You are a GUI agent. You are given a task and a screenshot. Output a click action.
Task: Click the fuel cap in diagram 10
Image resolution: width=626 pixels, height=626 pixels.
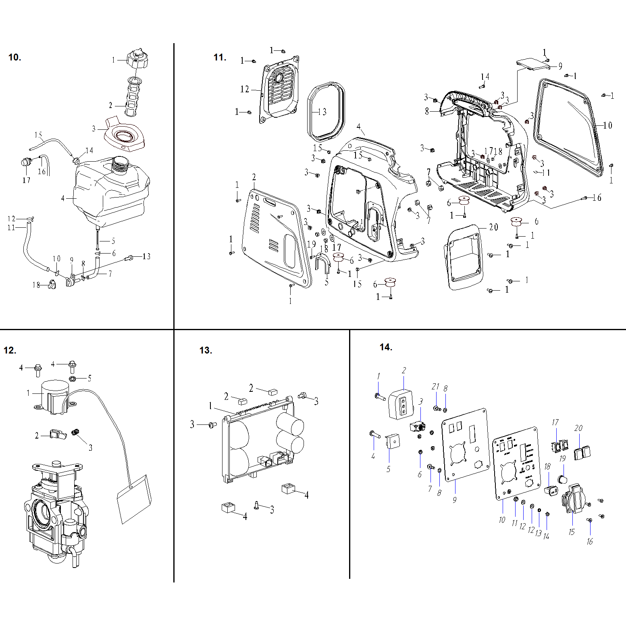[137, 60]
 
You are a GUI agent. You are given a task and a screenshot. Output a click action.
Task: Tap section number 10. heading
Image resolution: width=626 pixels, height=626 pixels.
[15, 57]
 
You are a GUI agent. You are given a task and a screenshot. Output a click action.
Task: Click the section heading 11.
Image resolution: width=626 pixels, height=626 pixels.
[220, 57]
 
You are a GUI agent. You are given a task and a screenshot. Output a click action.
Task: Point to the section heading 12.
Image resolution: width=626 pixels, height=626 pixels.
[10, 350]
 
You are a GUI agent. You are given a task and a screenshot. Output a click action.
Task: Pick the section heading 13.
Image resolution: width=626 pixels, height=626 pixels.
[206, 350]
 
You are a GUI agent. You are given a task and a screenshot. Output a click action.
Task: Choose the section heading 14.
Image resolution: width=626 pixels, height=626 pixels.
[386, 347]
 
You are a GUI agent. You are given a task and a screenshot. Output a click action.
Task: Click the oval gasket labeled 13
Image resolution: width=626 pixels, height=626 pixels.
[326, 110]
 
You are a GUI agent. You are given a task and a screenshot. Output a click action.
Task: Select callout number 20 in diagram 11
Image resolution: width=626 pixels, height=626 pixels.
[493, 227]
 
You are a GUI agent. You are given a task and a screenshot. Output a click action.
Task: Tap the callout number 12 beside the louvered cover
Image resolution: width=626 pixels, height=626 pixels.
[245, 89]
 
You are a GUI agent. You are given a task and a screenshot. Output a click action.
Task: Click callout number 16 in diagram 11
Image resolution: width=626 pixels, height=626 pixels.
[597, 198]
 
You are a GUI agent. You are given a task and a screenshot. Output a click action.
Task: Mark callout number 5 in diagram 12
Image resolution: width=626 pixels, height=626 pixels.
[89, 378]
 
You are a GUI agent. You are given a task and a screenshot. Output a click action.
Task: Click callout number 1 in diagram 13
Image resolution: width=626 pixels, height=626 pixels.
[210, 406]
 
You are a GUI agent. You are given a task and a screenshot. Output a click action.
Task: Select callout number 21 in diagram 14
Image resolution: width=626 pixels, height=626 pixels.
[435, 387]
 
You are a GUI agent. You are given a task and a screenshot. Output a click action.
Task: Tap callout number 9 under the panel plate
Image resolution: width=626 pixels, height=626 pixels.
[455, 500]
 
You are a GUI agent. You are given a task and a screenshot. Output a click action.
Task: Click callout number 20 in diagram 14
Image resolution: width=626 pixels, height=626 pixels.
[578, 428]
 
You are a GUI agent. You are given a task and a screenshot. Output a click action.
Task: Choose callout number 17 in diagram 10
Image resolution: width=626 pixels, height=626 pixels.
[26, 180]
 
